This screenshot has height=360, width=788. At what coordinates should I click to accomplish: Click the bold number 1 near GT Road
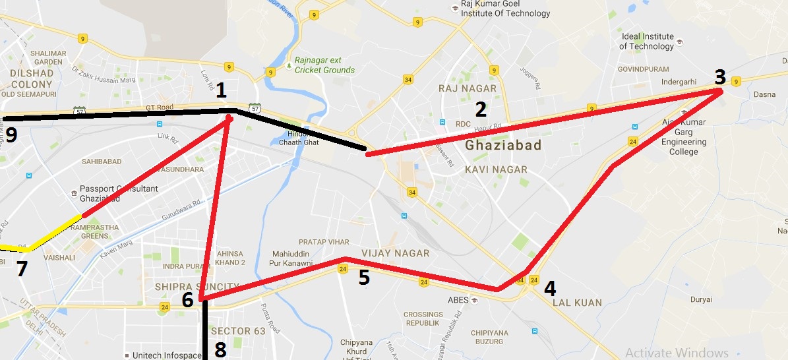(221, 90)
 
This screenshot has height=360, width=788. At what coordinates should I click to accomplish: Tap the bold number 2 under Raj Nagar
(481, 109)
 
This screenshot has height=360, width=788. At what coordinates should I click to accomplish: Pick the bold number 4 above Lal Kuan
(549, 288)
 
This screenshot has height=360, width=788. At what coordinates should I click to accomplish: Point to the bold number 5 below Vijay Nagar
(364, 278)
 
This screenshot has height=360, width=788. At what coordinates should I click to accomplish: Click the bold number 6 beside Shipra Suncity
(187, 300)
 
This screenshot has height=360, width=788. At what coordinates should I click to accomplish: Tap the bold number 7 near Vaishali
(22, 269)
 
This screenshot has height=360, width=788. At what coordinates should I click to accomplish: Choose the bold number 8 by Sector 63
(220, 350)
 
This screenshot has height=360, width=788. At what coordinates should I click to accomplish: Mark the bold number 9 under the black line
(10, 135)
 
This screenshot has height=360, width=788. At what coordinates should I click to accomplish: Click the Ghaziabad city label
(503, 145)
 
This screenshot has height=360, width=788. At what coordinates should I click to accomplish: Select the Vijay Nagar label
(396, 253)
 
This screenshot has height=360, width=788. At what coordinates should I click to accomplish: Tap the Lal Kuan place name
(578, 303)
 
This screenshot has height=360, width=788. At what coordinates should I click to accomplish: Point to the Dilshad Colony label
(32, 79)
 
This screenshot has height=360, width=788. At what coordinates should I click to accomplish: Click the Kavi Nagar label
(496, 169)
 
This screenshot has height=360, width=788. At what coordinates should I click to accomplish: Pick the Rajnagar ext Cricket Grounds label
(324, 65)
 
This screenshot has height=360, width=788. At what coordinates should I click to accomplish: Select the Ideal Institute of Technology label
(646, 42)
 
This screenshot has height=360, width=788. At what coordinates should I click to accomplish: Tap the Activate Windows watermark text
(677, 353)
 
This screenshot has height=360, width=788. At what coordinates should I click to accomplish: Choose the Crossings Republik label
(423, 319)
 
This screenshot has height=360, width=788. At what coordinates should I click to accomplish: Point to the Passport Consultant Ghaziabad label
(119, 193)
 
